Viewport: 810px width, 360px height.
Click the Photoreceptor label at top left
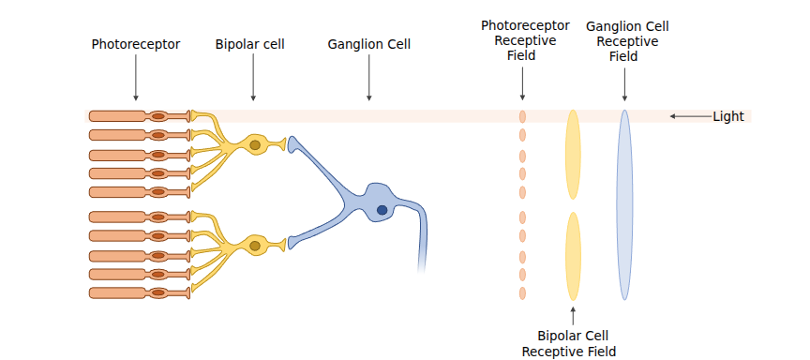click(x=136, y=44)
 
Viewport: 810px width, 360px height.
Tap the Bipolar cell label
click(x=250, y=44)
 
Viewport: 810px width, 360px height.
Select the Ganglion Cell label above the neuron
click(x=368, y=44)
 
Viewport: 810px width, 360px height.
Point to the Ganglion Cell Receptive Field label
click(x=627, y=41)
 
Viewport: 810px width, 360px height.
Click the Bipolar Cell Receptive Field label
click(x=569, y=344)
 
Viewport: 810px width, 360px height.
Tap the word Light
click(x=728, y=117)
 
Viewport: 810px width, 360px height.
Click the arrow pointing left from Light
click(x=691, y=116)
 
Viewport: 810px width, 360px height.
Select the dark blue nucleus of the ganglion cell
click(x=382, y=210)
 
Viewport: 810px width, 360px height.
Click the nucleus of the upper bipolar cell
click(x=255, y=145)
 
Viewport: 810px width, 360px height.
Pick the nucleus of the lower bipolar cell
click(x=255, y=246)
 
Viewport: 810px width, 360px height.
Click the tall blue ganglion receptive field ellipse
click(x=624, y=205)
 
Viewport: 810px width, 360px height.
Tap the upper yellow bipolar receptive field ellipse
click(x=573, y=155)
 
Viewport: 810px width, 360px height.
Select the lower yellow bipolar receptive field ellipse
click(x=573, y=256)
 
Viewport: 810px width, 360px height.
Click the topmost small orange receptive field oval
click(x=522, y=116)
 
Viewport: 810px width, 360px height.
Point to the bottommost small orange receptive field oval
click(x=522, y=293)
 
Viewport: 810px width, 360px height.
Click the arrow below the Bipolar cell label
click(x=253, y=77)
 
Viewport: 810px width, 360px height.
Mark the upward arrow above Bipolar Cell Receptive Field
click(x=573, y=316)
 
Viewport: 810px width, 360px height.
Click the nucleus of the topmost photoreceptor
click(x=158, y=116)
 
